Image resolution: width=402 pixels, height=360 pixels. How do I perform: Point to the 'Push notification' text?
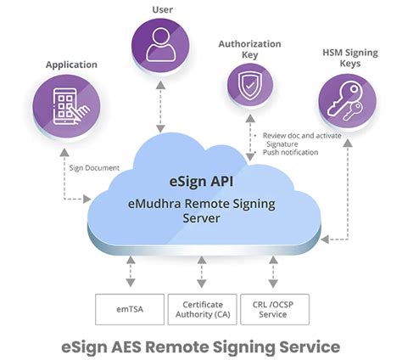pos(291,152)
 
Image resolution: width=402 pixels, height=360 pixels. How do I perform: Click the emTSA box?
pos(128,309)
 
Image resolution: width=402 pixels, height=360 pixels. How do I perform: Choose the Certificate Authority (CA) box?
pos(202,309)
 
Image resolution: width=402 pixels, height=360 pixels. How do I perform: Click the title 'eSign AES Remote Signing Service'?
pos(201,346)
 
